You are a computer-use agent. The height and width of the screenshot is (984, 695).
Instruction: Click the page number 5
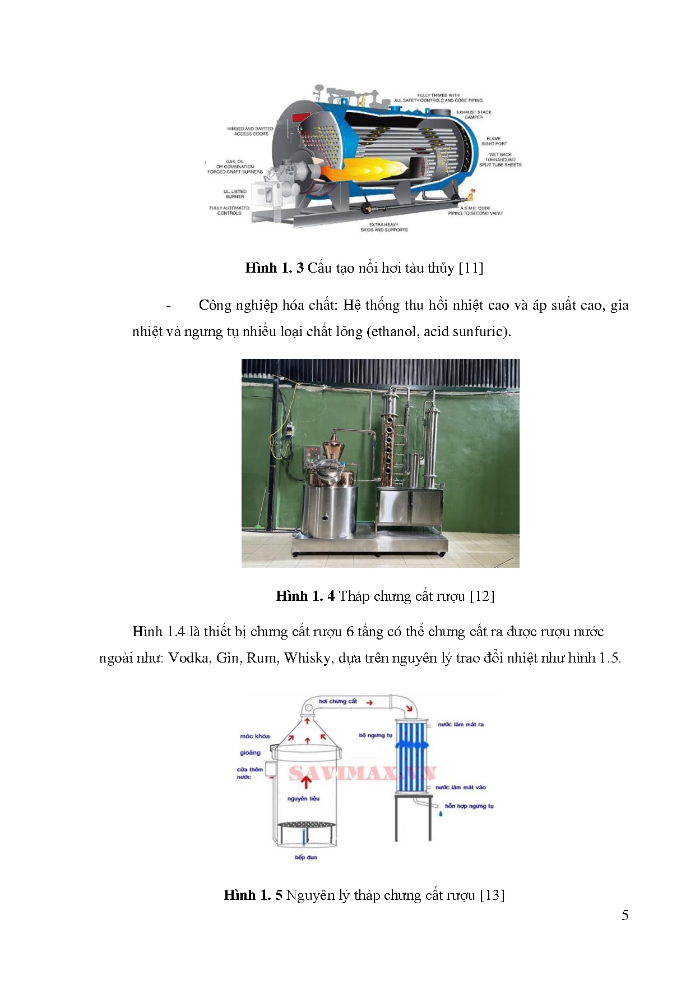click(624, 916)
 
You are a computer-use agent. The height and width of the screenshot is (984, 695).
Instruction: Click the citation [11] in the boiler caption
click(471, 268)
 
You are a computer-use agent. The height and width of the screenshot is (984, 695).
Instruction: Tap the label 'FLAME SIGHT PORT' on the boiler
click(493, 141)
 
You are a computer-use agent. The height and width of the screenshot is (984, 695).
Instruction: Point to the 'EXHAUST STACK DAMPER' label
click(474, 114)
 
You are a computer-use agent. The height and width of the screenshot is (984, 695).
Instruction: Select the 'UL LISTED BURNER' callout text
click(235, 194)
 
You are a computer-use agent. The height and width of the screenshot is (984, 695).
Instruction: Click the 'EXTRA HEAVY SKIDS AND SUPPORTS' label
click(384, 227)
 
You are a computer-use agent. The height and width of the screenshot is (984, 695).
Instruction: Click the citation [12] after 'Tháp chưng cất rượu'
click(482, 596)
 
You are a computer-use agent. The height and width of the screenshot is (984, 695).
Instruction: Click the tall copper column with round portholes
click(388, 443)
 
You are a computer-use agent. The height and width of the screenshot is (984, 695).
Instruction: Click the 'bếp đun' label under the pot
click(305, 857)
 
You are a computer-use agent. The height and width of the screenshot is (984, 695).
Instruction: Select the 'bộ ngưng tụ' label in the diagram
click(376, 735)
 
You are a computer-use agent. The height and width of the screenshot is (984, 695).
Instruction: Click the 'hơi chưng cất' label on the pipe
click(337, 701)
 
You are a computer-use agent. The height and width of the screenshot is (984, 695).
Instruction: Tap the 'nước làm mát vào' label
click(460, 787)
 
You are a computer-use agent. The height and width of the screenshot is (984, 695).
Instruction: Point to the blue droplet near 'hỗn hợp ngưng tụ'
click(440, 813)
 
